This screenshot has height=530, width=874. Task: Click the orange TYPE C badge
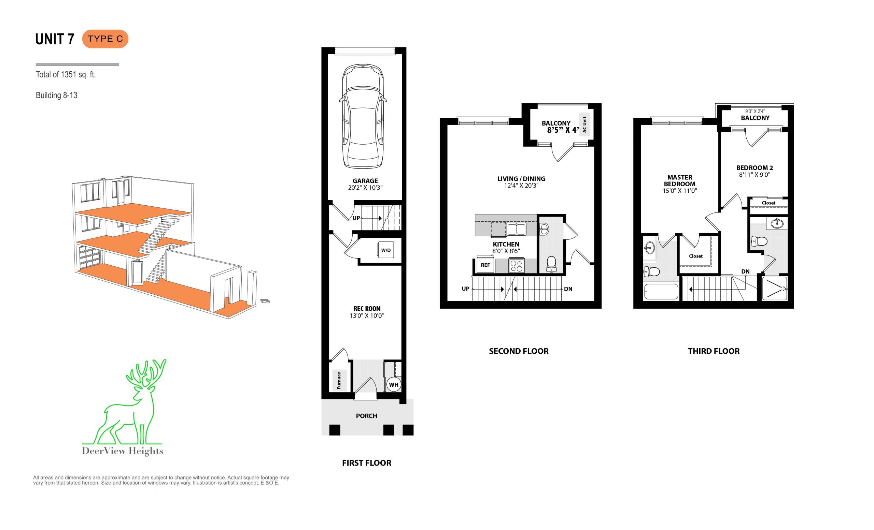pyautogui.click(x=105, y=39)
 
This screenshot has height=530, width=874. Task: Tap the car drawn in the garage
pyautogui.click(x=363, y=117)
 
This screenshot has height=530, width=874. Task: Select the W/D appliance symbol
pyautogui.click(x=386, y=250)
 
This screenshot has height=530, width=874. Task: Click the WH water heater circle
pyautogui.click(x=394, y=385)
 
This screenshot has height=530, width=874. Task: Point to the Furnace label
pyautogui.click(x=339, y=381)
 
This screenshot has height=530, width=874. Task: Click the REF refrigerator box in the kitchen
pyautogui.click(x=485, y=265)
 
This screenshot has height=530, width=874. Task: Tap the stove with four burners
pyautogui.click(x=517, y=266)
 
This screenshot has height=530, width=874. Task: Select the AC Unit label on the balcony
pyautogui.click(x=584, y=125)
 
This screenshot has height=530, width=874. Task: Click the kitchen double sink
pyautogui.click(x=517, y=229)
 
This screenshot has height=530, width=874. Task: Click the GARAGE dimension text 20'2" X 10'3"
pyautogui.click(x=365, y=188)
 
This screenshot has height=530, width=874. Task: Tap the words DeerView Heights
pyautogui.click(x=123, y=451)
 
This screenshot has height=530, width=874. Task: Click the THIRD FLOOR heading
pyautogui.click(x=714, y=351)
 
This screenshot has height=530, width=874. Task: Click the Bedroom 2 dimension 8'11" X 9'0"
pyautogui.click(x=755, y=175)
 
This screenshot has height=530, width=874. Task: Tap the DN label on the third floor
pyautogui.click(x=745, y=272)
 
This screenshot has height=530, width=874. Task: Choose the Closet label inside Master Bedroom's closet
pyautogui.click(x=695, y=256)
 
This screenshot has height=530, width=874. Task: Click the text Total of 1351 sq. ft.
pyautogui.click(x=66, y=75)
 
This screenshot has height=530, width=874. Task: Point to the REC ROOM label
pyautogui.click(x=367, y=309)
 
